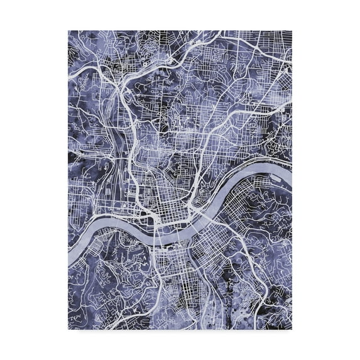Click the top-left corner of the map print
point(68,30)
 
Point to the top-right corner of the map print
point(292,30)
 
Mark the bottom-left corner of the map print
point(68,329)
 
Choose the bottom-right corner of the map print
point(292,329)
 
